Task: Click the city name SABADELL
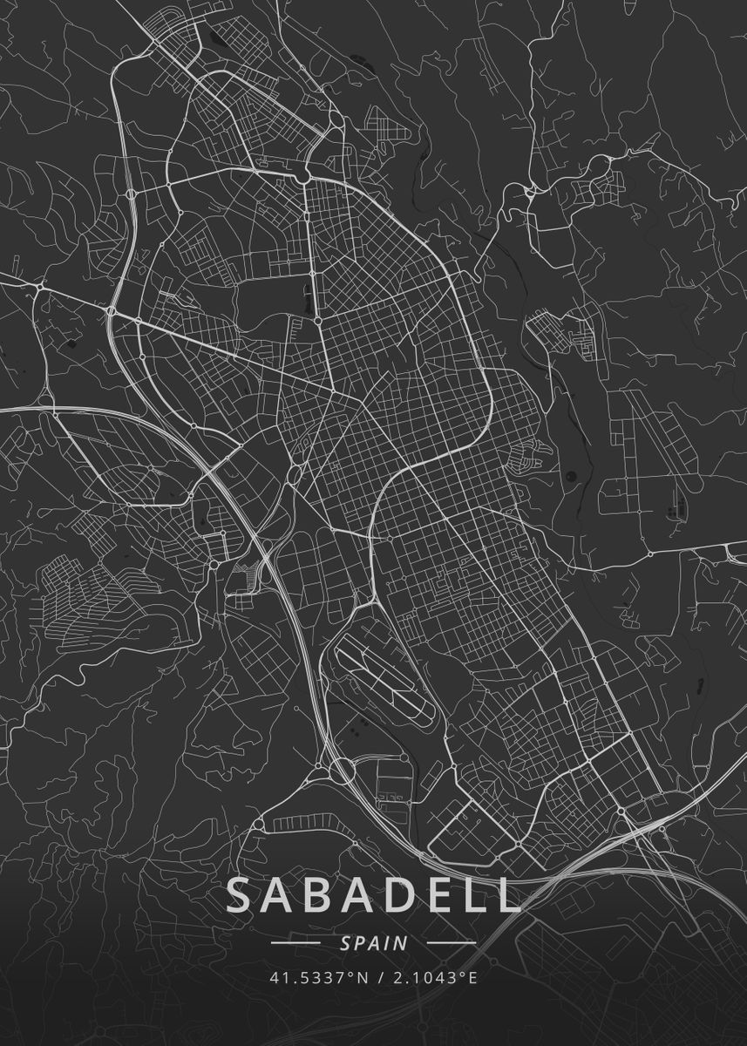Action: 373,896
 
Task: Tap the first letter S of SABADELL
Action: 243,896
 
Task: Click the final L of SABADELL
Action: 510,896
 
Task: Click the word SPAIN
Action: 374,943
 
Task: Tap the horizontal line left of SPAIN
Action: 296,943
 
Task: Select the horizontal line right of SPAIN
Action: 452,943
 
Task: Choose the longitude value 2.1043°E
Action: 433,977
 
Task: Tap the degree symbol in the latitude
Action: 351,973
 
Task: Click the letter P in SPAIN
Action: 359,943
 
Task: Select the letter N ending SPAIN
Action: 401,943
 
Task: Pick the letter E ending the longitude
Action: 473,977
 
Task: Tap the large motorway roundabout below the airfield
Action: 340,770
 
